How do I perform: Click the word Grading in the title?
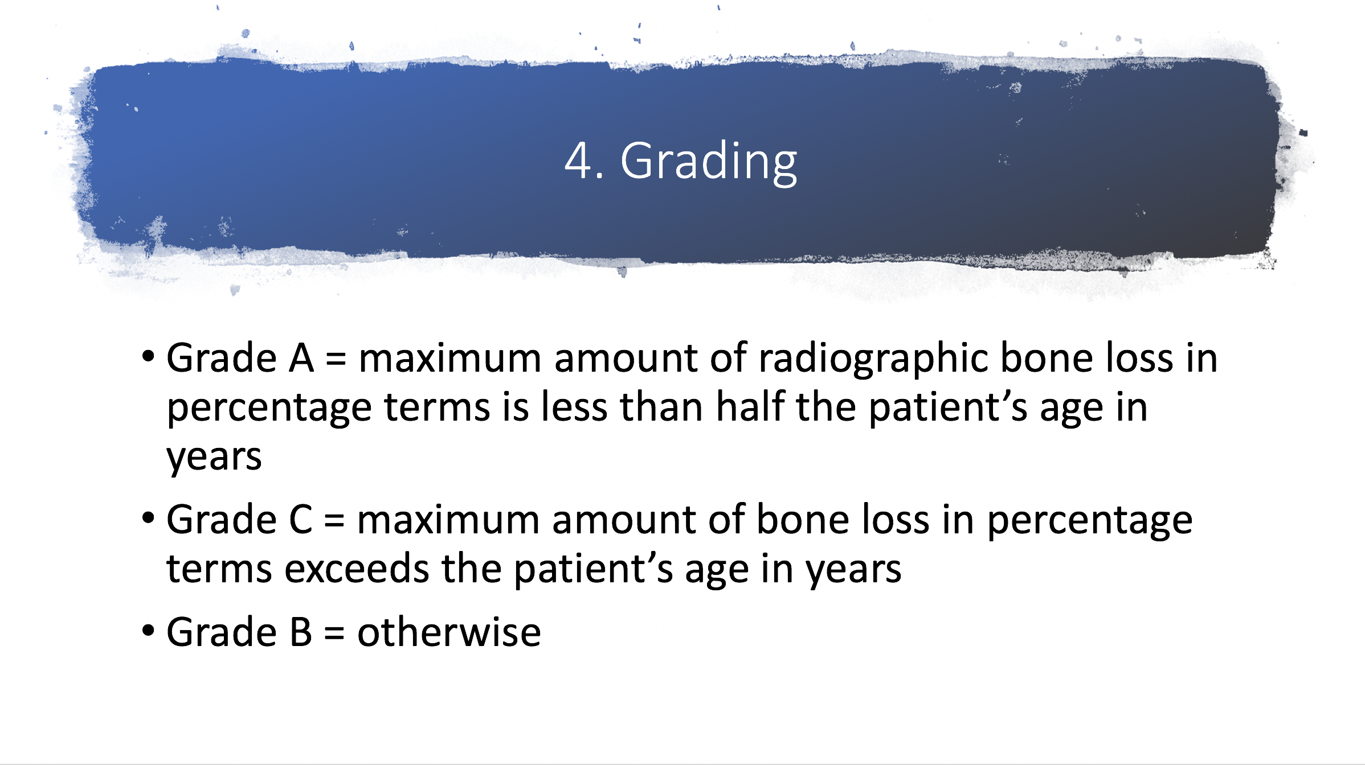pos(709,163)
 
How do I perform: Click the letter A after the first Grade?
pos(301,359)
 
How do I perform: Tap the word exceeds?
pos(357,569)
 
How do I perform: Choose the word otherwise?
pos(449,632)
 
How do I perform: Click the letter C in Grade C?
pos(301,520)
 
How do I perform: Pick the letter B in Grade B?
pos(301,632)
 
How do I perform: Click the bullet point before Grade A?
pos(148,357)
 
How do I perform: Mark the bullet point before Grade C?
pos(148,518)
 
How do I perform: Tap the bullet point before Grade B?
pos(148,630)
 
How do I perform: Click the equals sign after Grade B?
pos(334,634)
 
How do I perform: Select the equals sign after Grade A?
pos(336,360)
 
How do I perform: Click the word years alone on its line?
pos(214,458)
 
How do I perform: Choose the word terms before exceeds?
pos(219,569)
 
